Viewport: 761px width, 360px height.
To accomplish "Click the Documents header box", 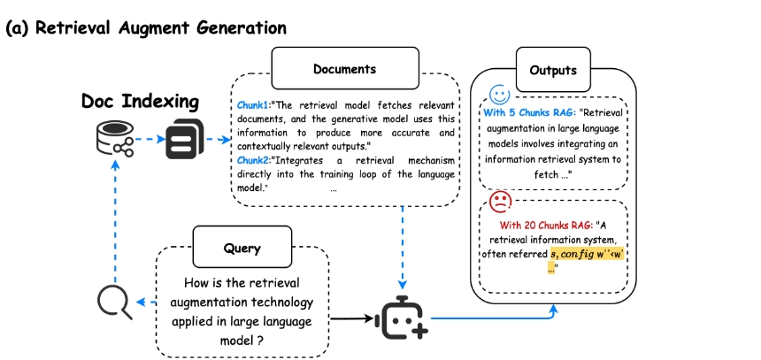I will pos(344,69).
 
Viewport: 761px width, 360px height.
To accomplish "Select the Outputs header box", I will pos(553,69).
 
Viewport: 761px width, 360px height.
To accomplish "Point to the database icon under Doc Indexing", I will pos(114,140).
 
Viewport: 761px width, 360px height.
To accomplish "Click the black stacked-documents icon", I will pos(183,141).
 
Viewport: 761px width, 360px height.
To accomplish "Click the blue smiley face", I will pos(500,94).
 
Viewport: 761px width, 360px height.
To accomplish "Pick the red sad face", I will pos(502,200).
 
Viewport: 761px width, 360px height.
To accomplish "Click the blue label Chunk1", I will pos(253,104).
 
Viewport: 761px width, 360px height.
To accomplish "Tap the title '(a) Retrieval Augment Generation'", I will pos(146,27).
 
